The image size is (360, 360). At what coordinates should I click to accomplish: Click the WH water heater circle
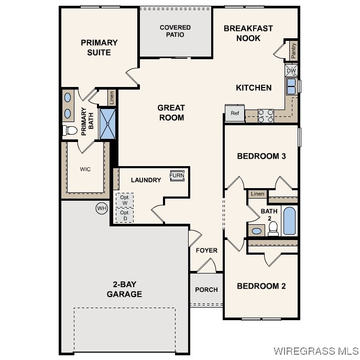click(x=101, y=209)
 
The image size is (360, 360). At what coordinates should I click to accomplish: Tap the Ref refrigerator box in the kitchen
click(x=235, y=113)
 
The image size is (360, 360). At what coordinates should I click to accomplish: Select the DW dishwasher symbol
click(x=291, y=70)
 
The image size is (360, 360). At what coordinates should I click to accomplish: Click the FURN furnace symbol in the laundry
click(x=177, y=176)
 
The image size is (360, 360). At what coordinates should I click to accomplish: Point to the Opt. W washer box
click(x=125, y=200)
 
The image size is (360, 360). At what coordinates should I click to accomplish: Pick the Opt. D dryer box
click(x=125, y=215)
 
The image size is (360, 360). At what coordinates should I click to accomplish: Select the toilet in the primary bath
click(x=70, y=130)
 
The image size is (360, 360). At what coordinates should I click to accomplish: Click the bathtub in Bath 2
click(x=289, y=221)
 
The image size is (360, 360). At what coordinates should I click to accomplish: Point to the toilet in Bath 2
click(x=273, y=228)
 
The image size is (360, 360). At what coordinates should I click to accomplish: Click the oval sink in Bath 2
click(x=257, y=231)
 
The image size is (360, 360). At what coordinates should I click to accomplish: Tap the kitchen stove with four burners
click(x=266, y=115)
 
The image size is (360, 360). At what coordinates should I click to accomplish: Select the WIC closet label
click(x=85, y=169)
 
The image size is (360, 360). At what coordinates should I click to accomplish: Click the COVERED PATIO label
click(x=175, y=31)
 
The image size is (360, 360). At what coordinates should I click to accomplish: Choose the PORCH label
click(x=206, y=290)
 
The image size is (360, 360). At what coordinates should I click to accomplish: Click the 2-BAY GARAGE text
click(x=124, y=289)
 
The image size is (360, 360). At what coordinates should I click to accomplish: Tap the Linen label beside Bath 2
click(x=257, y=194)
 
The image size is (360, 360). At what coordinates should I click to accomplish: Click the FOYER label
click(x=206, y=250)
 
